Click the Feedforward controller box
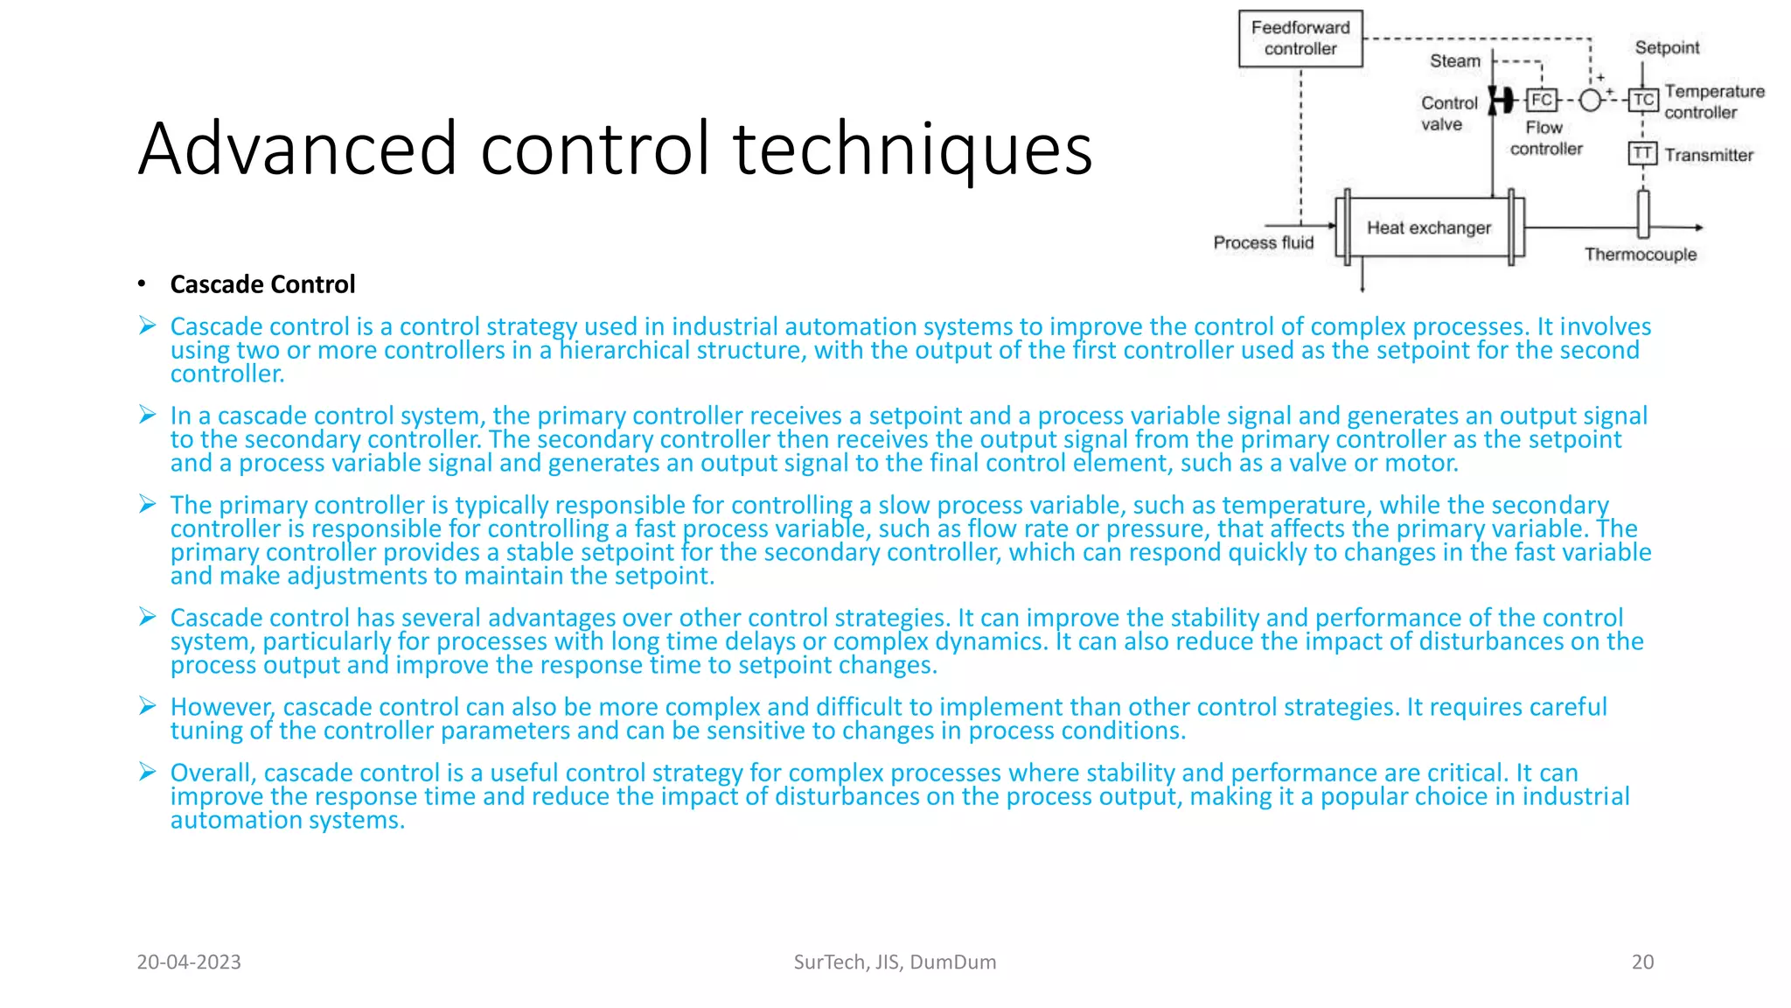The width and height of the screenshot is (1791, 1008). tap(1300, 38)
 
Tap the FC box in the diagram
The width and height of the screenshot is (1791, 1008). tap(1542, 100)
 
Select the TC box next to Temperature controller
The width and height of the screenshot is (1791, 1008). tap(1643, 100)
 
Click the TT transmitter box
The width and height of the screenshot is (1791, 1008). tap(1642, 154)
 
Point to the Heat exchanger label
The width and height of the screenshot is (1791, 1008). tap(1429, 227)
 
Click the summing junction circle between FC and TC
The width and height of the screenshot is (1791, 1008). tap(1591, 100)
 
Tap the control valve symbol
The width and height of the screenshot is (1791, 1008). tap(1500, 101)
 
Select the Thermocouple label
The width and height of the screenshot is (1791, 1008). tap(1640, 255)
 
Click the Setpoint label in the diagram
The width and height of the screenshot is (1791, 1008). tap(1667, 47)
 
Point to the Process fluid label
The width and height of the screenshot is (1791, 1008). tap(1263, 242)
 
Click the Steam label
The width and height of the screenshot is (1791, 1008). tap(1454, 61)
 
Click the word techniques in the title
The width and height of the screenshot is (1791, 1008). tap(913, 149)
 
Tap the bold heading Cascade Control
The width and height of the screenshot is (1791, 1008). tap(262, 284)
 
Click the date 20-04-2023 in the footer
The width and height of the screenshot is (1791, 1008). tap(189, 962)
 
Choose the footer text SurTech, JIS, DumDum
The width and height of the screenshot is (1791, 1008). tap(895, 962)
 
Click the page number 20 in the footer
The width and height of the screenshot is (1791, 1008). tap(1642, 962)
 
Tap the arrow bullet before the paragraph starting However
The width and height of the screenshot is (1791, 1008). tap(147, 706)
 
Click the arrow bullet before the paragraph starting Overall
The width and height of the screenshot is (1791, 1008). tap(147, 772)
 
